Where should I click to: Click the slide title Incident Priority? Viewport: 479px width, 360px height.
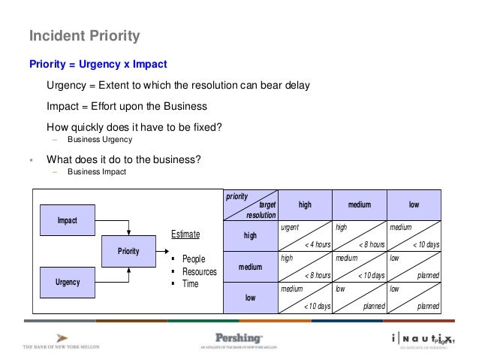(84, 35)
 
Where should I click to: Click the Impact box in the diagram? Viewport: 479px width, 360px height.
(68, 219)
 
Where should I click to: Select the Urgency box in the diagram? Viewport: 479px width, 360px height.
(68, 282)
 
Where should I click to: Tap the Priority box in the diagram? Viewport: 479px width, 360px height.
(128, 251)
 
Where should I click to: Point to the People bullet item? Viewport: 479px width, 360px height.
(194, 259)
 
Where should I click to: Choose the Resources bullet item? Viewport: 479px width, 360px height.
(199, 271)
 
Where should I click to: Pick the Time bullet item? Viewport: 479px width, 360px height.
(190, 284)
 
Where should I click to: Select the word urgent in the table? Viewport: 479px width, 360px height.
(290, 226)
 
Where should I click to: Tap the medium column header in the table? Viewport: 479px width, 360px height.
(359, 204)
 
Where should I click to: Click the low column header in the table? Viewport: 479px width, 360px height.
(414, 204)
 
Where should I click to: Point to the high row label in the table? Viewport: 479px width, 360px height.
(250, 235)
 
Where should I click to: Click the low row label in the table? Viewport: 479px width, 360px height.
(250, 298)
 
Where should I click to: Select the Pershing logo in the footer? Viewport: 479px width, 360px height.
(239, 339)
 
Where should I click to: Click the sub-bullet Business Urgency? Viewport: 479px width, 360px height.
(99, 140)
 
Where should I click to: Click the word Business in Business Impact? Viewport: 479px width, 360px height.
(83, 172)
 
